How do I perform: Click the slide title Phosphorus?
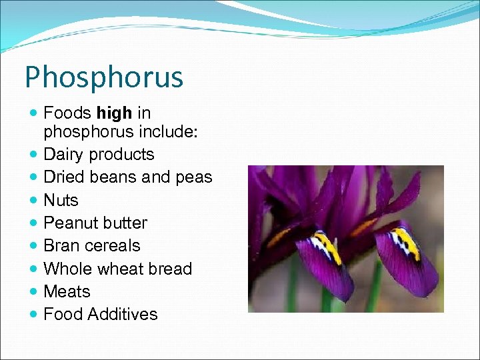[x=103, y=78]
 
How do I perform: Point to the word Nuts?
[x=61, y=200]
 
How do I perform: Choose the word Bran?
[x=59, y=245]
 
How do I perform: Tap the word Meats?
[x=67, y=291]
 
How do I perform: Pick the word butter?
[x=125, y=223]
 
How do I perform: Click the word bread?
[x=172, y=269]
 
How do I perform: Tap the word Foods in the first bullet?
[x=67, y=114]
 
